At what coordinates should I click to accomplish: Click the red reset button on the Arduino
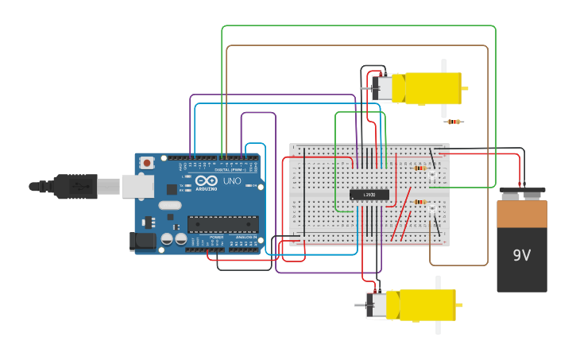146,163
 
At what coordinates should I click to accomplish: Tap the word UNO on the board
232,181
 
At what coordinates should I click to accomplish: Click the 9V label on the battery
521,256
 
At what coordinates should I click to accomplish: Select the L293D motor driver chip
369,195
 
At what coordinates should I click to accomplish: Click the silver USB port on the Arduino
137,186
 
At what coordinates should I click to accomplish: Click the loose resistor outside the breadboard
454,122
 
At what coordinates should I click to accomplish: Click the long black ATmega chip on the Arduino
222,224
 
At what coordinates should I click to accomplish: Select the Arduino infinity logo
208,180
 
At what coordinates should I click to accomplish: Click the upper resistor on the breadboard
420,168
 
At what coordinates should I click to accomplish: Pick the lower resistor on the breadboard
420,202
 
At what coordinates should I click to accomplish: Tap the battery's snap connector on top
521,192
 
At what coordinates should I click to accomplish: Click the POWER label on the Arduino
217,237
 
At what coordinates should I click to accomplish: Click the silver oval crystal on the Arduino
170,205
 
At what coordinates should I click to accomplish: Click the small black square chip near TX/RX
172,189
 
